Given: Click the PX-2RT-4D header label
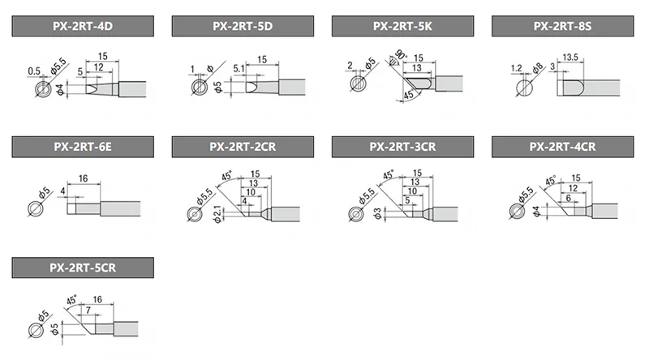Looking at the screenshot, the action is click(83, 26).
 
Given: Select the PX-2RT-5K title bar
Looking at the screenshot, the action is click(402, 26).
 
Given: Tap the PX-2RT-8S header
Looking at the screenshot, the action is click(562, 26).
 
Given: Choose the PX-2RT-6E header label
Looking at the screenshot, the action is click(83, 147).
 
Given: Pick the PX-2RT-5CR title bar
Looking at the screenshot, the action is click(83, 268).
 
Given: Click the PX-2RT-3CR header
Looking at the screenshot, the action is click(402, 147).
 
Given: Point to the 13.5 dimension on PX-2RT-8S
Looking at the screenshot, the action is click(570, 57).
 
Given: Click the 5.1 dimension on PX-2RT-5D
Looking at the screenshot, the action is click(239, 68).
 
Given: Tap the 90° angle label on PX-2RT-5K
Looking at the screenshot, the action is click(400, 54).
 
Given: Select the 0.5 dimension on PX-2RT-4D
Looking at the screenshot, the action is click(34, 71).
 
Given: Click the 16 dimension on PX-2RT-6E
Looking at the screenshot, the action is click(84, 178).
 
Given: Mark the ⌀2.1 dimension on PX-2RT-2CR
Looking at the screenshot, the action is click(217, 214).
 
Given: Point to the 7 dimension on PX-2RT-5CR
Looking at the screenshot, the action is click(88, 310).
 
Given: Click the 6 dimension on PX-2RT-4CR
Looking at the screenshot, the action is click(569, 198).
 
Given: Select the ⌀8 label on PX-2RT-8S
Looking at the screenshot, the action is click(537, 69).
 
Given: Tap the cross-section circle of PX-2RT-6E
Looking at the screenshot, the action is click(35, 208).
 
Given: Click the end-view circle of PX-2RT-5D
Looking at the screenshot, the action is click(200, 88).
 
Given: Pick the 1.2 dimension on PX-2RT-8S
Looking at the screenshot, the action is click(516, 68).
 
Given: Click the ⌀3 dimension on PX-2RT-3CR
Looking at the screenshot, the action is click(377, 214).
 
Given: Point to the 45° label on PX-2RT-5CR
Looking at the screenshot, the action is click(71, 300).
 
